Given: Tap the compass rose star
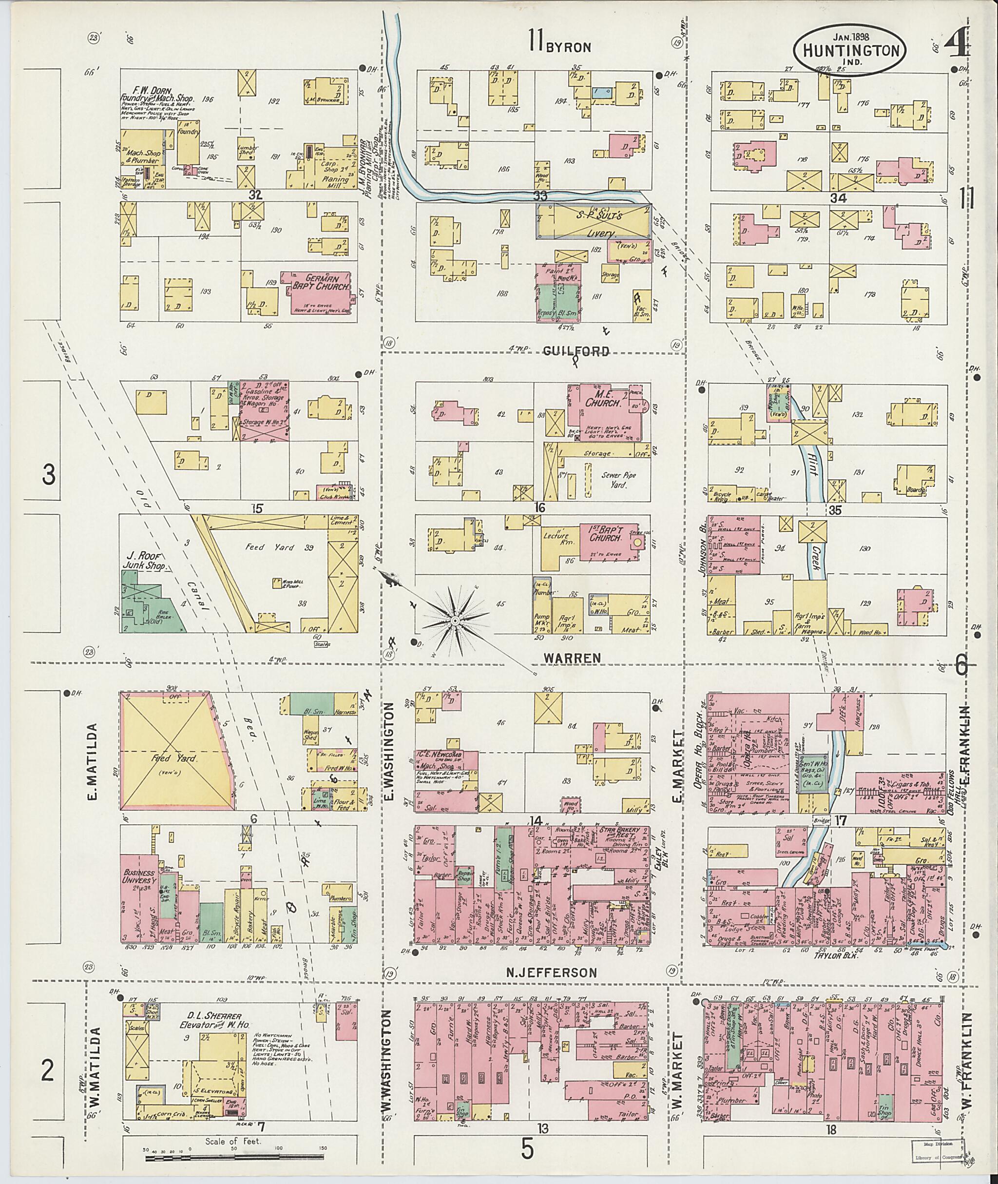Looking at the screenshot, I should point(454,621).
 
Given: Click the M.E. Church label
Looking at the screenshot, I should point(604,400).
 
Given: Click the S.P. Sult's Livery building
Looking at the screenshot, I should point(593,221).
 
